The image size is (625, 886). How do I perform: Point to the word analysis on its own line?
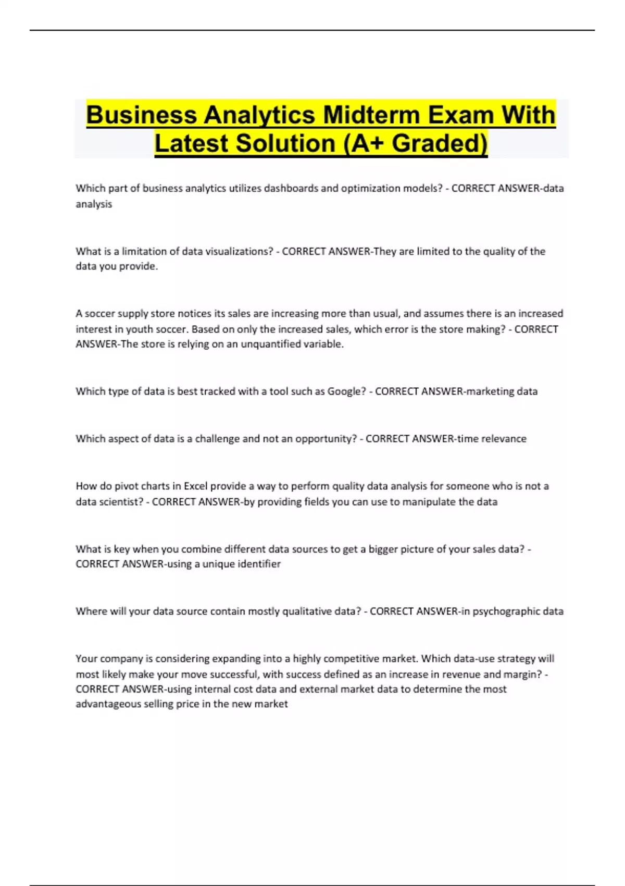[94, 204]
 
